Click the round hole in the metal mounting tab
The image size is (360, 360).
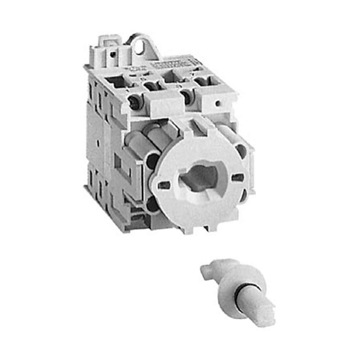[x=139, y=48]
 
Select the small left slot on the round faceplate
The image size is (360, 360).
[x=164, y=185]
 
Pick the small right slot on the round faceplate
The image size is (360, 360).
[x=237, y=177]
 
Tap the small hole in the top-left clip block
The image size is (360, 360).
[x=113, y=55]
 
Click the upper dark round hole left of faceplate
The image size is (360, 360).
[x=153, y=158]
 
